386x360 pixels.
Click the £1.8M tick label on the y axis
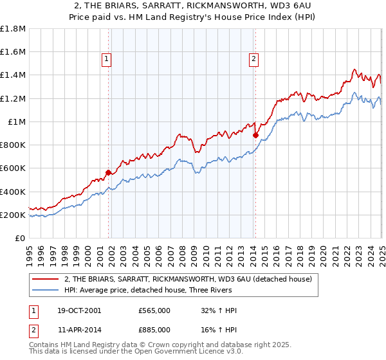coord(14,29)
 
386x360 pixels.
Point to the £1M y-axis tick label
coord(17,122)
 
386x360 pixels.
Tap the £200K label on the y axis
coord(14,215)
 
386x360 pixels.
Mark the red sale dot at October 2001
coord(108,172)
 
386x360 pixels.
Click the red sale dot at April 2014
coord(255,135)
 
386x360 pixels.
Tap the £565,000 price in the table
coord(154,310)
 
